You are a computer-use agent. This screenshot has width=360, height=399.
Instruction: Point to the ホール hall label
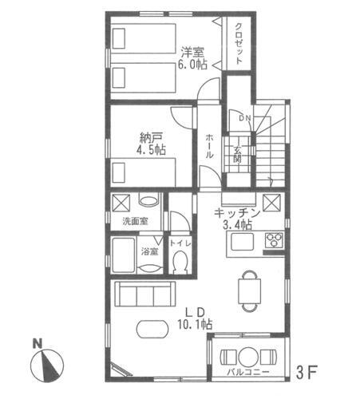click(x=209, y=147)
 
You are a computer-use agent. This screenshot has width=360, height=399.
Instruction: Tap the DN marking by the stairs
click(x=244, y=119)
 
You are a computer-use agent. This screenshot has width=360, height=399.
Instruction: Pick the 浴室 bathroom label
click(x=150, y=251)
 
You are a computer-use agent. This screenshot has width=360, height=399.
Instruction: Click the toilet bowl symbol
click(x=180, y=260)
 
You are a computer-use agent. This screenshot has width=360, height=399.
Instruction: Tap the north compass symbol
click(x=46, y=365)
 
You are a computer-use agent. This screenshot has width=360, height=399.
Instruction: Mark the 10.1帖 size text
click(x=195, y=325)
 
